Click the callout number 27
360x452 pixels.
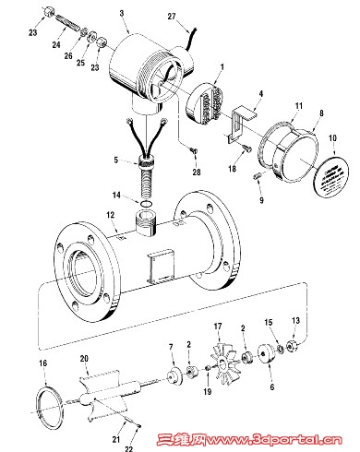[x=172, y=16]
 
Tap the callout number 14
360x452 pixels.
[x=116, y=195]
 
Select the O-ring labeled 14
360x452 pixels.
[x=146, y=204]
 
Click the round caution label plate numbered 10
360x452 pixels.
[x=332, y=175]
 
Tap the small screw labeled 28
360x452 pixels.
[x=194, y=150]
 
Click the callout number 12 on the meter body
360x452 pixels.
[x=111, y=215]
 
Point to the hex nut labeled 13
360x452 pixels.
[x=291, y=347]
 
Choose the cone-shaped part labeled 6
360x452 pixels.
[x=266, y=353]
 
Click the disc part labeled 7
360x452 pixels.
[x=174, y=375]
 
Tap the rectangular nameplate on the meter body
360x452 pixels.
[x=161, y=266]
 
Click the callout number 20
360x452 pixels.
[x=84, y=359]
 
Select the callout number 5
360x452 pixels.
[x=115, y=160]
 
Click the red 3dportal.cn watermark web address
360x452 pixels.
[x=274, y=439]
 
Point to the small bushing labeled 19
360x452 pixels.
[x=208, y=368]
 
